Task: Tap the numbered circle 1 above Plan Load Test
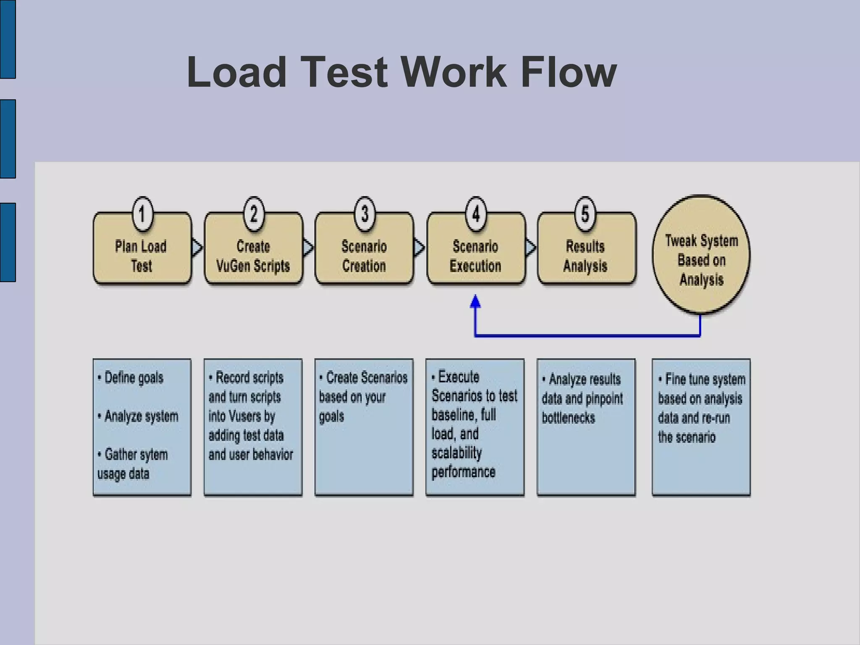(142, 214)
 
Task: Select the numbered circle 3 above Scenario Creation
(364, 214)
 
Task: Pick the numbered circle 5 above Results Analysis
(585, 214)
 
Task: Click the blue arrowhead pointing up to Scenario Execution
(475, 302)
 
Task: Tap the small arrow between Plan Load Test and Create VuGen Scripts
(197, 247)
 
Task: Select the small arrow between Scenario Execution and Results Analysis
(530, 247)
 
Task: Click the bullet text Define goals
(133, 378)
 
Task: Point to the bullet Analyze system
(141, 417)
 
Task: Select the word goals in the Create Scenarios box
(331, 417)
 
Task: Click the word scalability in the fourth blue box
(456, 453)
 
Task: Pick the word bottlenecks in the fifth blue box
(568, 418)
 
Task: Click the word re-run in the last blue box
(714, 418)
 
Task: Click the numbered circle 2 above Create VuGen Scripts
(253, 214)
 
